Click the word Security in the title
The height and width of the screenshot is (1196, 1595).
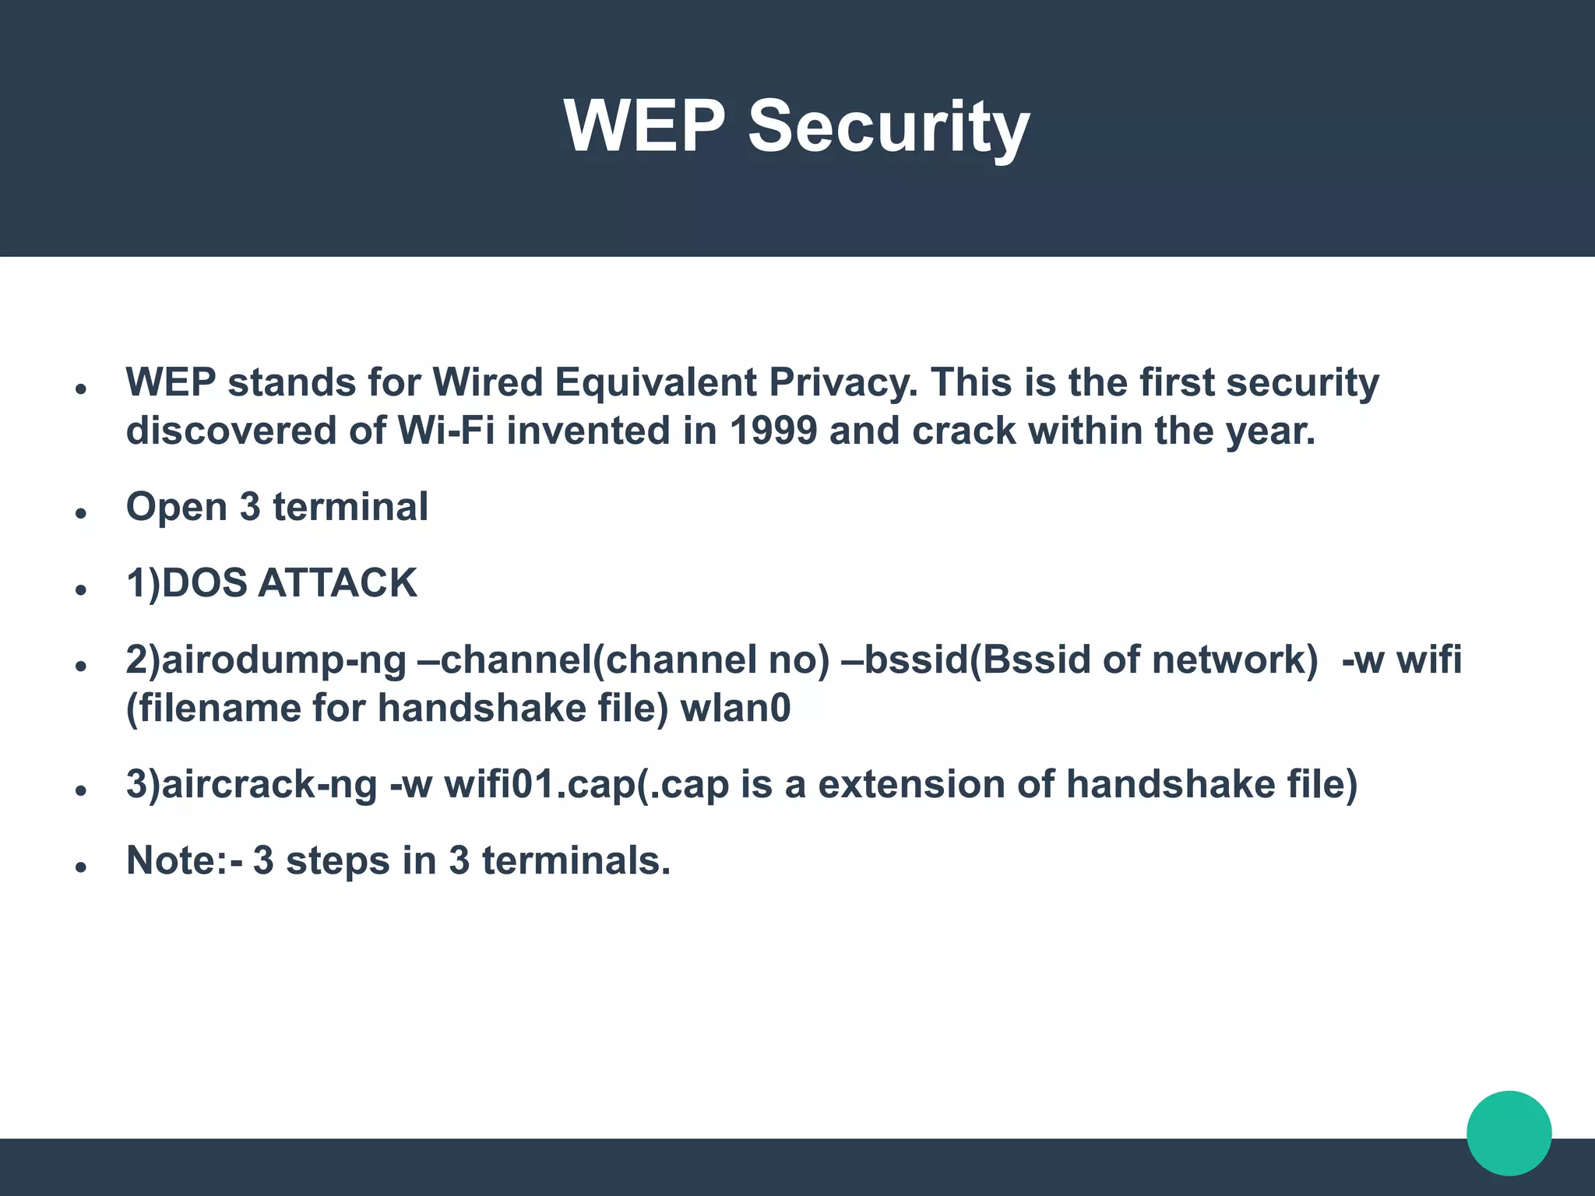click(889, 127)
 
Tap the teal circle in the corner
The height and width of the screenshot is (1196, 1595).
click(1509, 1133)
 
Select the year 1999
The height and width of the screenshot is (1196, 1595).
click(773, 431)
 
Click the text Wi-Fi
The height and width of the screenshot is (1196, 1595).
click(446, 431)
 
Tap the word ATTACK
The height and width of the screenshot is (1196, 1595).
click(337, 583)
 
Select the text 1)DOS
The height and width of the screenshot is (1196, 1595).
click(186, 583)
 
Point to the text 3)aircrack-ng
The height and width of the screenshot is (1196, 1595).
click(252, 784)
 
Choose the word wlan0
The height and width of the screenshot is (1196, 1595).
click(735, 709)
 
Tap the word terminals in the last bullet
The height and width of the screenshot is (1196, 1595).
click(576, 860)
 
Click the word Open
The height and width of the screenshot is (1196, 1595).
click(176, 508)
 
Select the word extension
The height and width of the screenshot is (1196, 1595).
click(910, 784)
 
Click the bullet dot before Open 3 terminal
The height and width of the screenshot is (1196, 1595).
click(80, 513)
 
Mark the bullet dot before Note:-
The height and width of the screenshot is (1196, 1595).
click(80, 867)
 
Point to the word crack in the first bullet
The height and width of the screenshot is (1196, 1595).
click(964, 431)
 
